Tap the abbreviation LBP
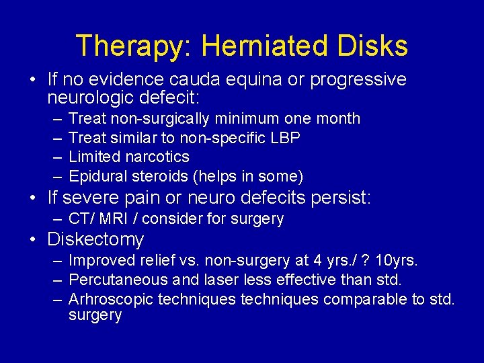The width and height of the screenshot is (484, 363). (284, 138)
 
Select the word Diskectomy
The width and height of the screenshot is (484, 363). (95, 239)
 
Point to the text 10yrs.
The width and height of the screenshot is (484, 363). (395, 260)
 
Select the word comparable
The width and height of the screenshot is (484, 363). (363, 298)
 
